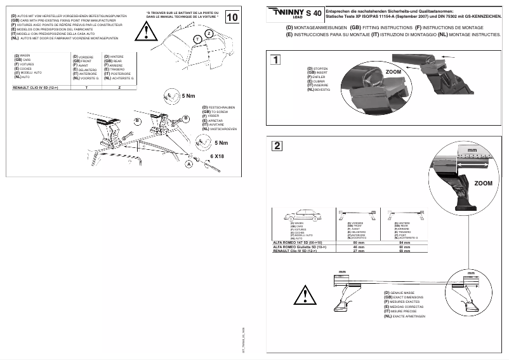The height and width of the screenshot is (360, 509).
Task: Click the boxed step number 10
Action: coord(232,17)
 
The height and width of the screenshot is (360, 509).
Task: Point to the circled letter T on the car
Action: coord(197,39)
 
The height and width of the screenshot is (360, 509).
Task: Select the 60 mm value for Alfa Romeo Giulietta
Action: coord(406,246)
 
